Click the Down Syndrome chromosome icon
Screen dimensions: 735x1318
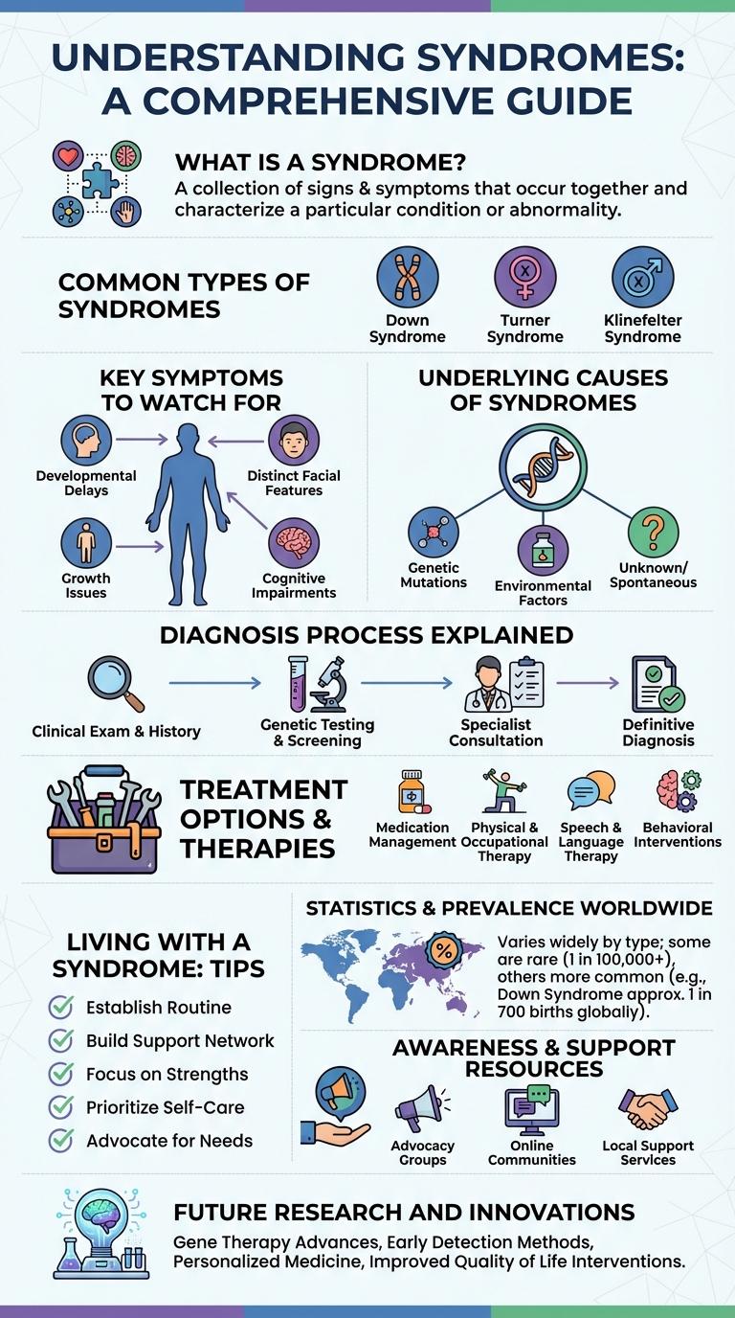click(x=408, y=277)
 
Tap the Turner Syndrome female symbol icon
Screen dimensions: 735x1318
click(x=524, y=277)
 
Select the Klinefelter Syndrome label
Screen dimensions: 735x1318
click(x=642, y=329)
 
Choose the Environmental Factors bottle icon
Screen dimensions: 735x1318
click(x=543, y=549)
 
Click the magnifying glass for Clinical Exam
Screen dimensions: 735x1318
click(x=116, y=682)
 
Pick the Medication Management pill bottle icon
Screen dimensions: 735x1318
click(x=412, y=791)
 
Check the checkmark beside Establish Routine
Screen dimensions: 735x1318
click(x=61, y=1008)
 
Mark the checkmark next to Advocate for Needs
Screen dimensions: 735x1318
click(x=61, y=1141)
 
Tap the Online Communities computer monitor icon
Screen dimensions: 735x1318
click(x=531, y=1110)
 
